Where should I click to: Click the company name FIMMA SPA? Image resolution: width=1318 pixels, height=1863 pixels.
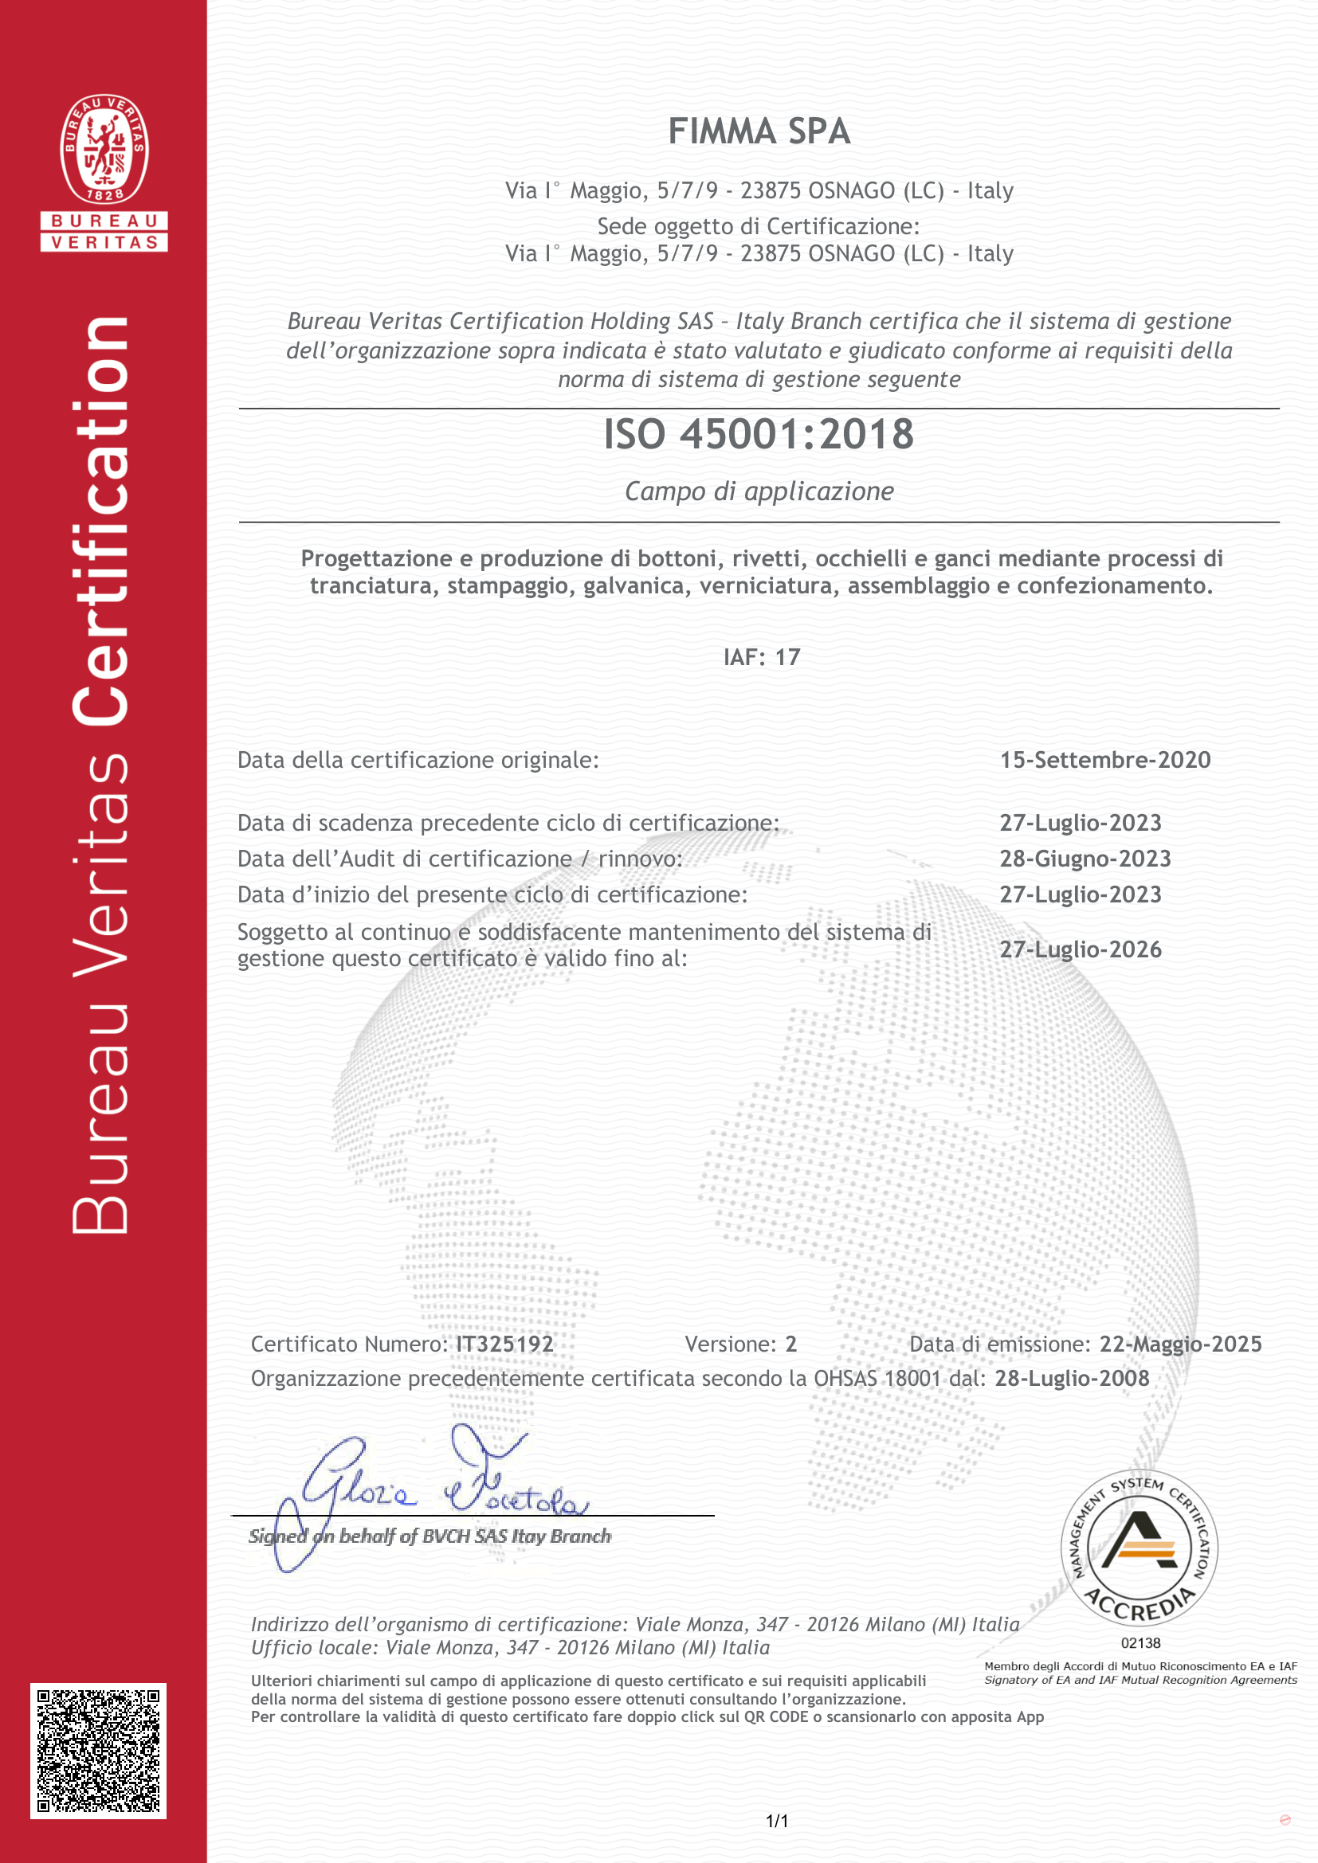tap(759, 131)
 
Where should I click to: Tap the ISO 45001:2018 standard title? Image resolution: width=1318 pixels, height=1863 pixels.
tap(759, 434)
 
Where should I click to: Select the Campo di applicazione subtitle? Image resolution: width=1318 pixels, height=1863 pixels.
tap(759, 491)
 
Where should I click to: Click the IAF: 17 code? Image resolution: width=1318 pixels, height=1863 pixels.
tap(761, 657)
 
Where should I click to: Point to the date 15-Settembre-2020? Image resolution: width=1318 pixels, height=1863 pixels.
tap(1104, 761)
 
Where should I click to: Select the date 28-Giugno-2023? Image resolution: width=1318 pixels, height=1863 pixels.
tap(1085, 859)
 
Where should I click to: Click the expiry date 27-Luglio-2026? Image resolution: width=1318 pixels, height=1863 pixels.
tap(1081, 949)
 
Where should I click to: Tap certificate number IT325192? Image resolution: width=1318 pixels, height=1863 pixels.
tap(504, 1344)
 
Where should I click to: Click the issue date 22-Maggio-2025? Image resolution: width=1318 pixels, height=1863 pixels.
tap(1180, 1344)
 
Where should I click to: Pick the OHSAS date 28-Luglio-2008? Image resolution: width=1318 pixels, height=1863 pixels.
tap(1071, 1379)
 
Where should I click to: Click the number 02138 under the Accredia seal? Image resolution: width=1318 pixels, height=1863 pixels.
tap(1140, 1643)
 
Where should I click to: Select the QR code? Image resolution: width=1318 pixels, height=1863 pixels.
tap(98, 1751)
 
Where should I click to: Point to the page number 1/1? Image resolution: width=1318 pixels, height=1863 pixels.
tap(777, 1822)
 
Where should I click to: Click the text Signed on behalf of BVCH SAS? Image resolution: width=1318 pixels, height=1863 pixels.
tap(430, 1536)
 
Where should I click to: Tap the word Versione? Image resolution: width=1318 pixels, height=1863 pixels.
tap(731, 1344)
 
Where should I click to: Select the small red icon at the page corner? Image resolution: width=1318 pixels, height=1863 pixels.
tap(1285, 1820)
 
